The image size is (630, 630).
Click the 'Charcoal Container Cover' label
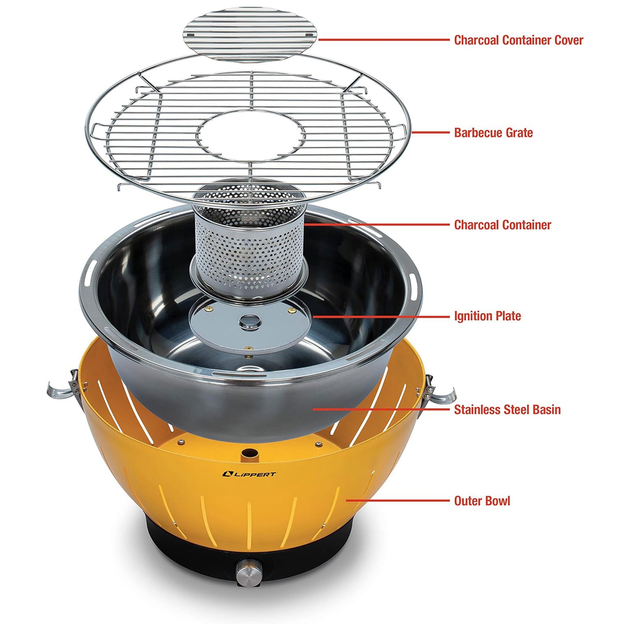click(518, 40)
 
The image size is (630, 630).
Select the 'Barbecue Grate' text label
click(493, 133)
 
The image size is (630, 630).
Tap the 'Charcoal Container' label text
click(502, 225)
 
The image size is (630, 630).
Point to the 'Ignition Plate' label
click(487, 316)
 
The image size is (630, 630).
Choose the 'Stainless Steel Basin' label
click(507, 409)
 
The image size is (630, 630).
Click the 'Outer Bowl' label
click(482, 501)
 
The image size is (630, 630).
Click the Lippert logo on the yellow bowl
click(249, 474)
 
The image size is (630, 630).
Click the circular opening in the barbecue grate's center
click(251, 136)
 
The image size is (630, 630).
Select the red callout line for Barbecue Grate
click(430, 133)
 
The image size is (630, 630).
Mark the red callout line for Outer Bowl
click(398, 501)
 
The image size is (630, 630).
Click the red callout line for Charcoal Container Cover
click(384, 40)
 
